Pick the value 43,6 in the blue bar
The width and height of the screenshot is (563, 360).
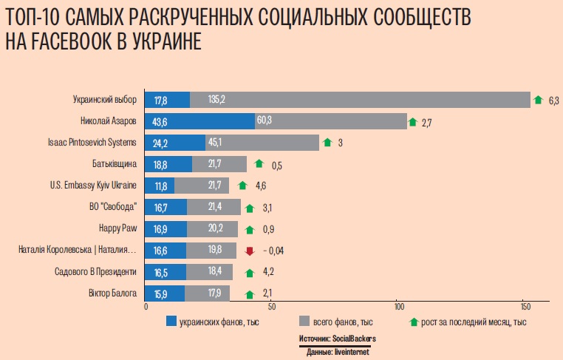point(162,121)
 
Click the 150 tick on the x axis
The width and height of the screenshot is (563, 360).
point(523,306)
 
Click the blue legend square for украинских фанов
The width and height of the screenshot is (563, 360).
point(171,322)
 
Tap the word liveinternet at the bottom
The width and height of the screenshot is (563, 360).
point(352,352)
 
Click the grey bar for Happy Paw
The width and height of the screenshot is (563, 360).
point(213,229)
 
